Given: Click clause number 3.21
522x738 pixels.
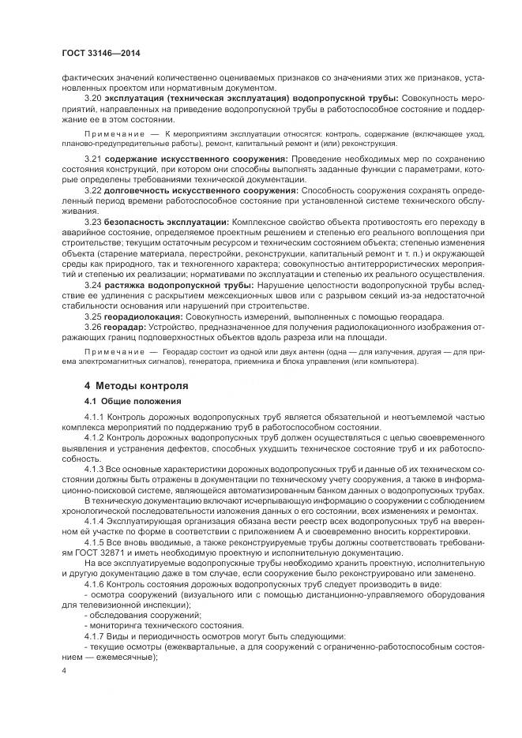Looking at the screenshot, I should point(93,160).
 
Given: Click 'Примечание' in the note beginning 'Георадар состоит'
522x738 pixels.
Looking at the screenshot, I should point(114,350).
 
